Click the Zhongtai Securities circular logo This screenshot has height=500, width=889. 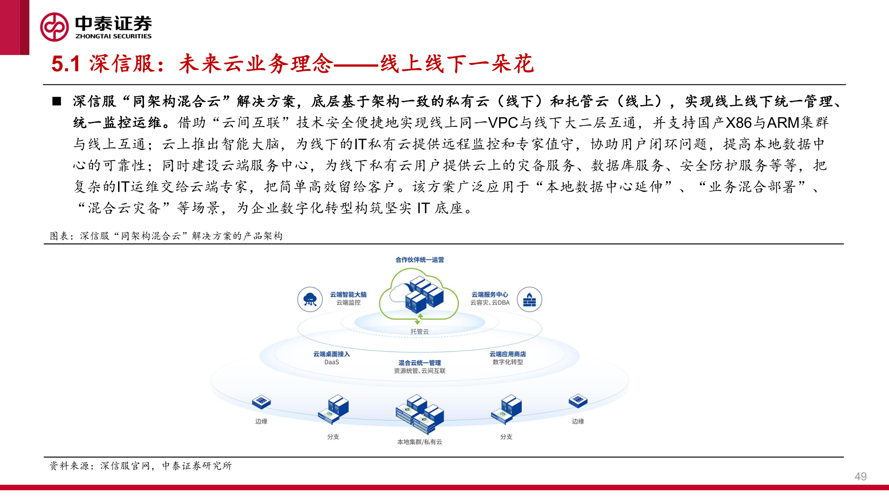click(54, 27)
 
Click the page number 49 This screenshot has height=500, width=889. click(860, 476)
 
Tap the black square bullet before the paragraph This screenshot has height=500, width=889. click(56, 101)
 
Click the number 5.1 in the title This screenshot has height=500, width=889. click(66, 64)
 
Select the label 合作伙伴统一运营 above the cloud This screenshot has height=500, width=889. click(419, 260)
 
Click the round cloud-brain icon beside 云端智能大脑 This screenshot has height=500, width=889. click(310, 300)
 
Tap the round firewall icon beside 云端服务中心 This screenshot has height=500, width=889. click(529, 300)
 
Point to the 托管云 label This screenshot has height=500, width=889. click(419, 331)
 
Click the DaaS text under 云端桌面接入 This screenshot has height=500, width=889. click(332, 362)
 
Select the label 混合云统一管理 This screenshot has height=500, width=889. click(419, 363)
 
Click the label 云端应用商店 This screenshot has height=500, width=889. click(507, 354)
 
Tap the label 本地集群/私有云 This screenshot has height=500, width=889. click(419, 442)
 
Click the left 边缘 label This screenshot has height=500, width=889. click(261, 421)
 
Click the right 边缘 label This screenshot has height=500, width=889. click(578, 421)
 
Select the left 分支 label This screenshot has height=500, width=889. click(333, 437)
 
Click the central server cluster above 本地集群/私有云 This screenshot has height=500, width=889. click(419, 413)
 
